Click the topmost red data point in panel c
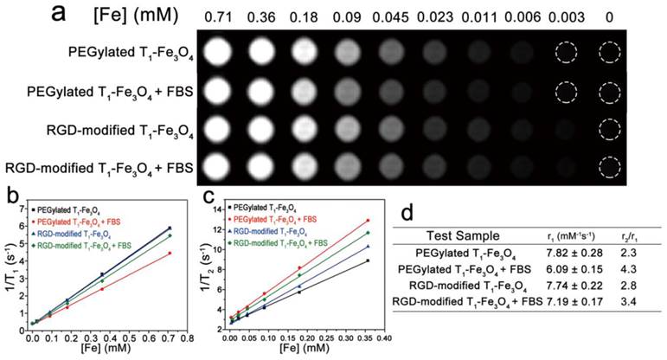tap(368, 221)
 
